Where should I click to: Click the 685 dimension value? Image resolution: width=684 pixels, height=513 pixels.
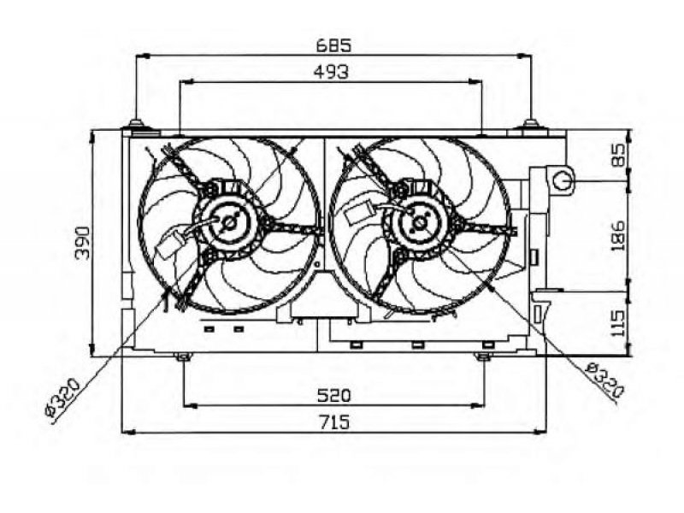tap(333, 45)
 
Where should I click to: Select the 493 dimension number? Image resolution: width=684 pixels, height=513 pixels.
tap(332, 72)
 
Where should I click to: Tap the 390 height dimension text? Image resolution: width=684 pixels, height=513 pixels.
tap(83, 243)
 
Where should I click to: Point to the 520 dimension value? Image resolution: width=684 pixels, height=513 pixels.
tap(333, 396)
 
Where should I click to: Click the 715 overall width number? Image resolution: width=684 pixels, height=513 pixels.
tap(333, 422)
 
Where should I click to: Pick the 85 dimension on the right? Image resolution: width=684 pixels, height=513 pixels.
tap(617, 155)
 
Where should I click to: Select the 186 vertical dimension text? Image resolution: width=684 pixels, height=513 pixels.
tap(617, 236)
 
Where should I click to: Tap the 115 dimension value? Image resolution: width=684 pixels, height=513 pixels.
tap(617, 323)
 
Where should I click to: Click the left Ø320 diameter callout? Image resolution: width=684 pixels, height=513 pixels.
tap(62, 400)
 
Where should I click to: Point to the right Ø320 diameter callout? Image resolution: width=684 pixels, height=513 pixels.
tap(604, 380)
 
